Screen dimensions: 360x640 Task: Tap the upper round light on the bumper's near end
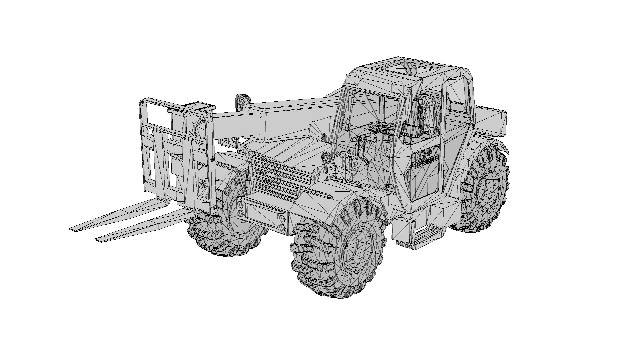click(x=282, y=218)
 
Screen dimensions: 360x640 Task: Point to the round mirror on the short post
click(x=326, y=156)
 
